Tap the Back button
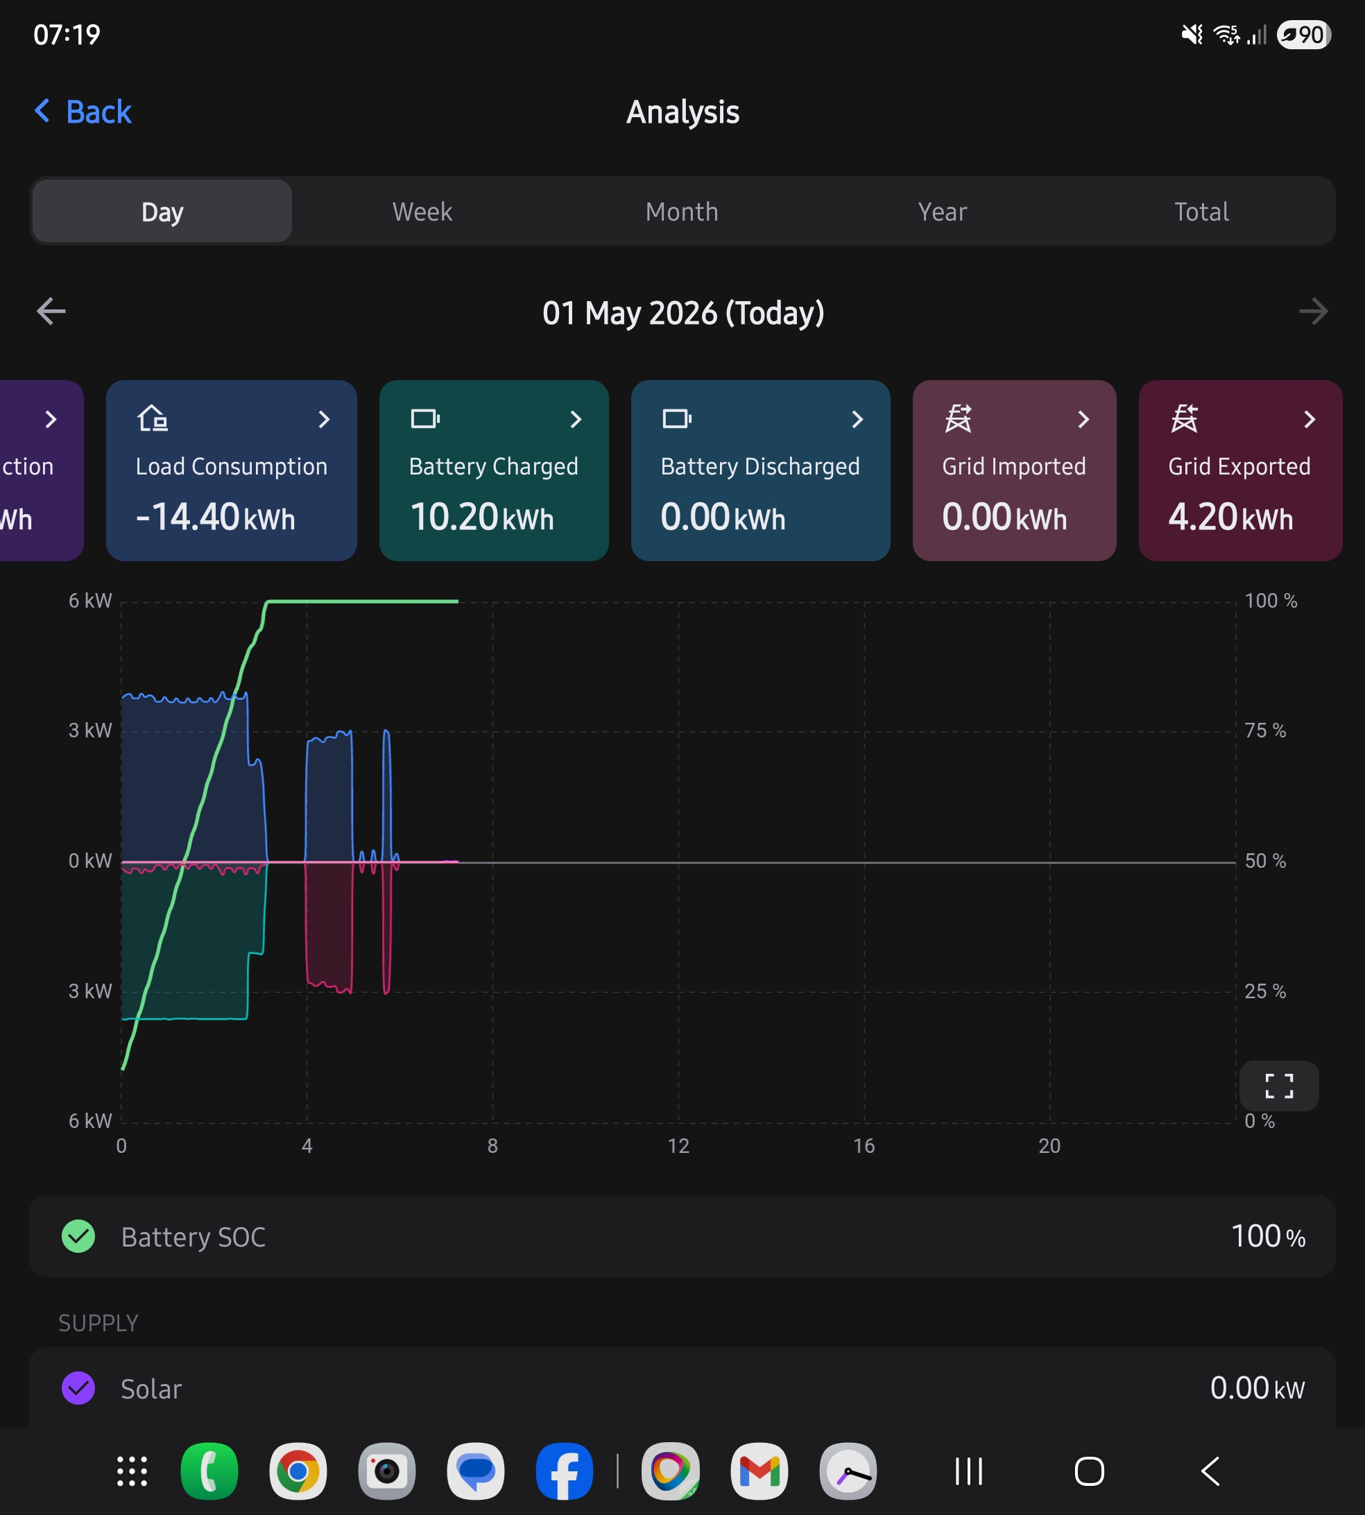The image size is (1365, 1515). [x=83, y=112]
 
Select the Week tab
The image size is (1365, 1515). [x=422, y=212]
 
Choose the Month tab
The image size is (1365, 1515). [x=682, y=212]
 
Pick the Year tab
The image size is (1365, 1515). [x=942, y=212]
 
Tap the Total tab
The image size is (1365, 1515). [x=1201, y=212]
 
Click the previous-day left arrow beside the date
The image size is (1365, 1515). [x=51, y=311]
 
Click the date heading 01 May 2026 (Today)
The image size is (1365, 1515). [x=683, y=313]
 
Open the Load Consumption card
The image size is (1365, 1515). [x=231, y=470]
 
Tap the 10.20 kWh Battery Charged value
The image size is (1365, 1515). [x=481, y=517]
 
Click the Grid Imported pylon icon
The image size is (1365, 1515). [x=959, y=418]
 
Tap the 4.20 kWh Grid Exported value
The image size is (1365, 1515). [x=1230, y=517]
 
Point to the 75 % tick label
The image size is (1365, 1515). [x=1265, y=730]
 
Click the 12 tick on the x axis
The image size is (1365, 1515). [x=678, y=1145]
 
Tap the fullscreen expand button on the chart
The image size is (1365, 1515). [x=1279, y=1085]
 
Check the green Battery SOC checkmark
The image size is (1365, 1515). [x=78, y=1236]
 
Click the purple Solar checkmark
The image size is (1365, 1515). [x=78, y=1387]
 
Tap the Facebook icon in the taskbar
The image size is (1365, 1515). [x=564, y=1471]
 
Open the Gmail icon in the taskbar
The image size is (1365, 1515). [x=759, y=1471]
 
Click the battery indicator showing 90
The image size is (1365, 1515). [x=1303, y=35]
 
